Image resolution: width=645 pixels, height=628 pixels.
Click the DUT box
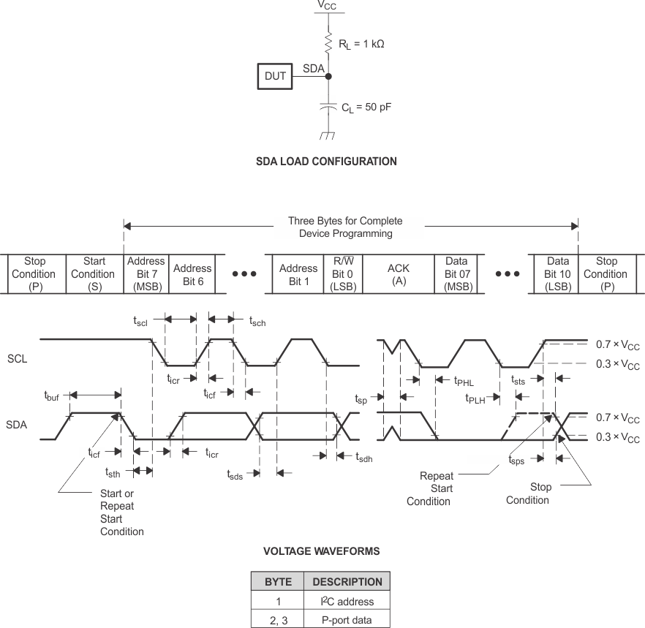(276, 76)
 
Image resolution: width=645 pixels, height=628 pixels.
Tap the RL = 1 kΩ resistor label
(361, 44)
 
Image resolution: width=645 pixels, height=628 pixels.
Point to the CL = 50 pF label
(366, 107)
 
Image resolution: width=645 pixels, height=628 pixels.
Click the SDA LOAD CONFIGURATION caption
(326, 162)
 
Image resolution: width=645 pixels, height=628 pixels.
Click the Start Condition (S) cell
(94, 274)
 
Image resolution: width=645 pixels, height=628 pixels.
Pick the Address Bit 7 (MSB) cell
(146, 274)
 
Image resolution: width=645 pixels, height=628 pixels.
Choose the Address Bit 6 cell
(192, 274)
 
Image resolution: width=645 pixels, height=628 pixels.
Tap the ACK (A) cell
(399, 274)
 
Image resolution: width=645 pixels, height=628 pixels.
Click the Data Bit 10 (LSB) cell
(558, 274)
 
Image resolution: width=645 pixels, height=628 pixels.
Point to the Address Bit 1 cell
(298, 274)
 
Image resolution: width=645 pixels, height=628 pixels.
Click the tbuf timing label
(52, 396)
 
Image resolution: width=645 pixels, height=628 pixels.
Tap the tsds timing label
(234, 474)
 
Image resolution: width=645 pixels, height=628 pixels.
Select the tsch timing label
(257, 321)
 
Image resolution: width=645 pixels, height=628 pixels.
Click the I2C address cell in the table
(347, 602)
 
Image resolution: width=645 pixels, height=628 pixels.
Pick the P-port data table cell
(347, 620)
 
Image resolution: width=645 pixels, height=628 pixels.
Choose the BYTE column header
(278, 582)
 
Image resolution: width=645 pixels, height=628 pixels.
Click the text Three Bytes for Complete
(345, 221)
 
